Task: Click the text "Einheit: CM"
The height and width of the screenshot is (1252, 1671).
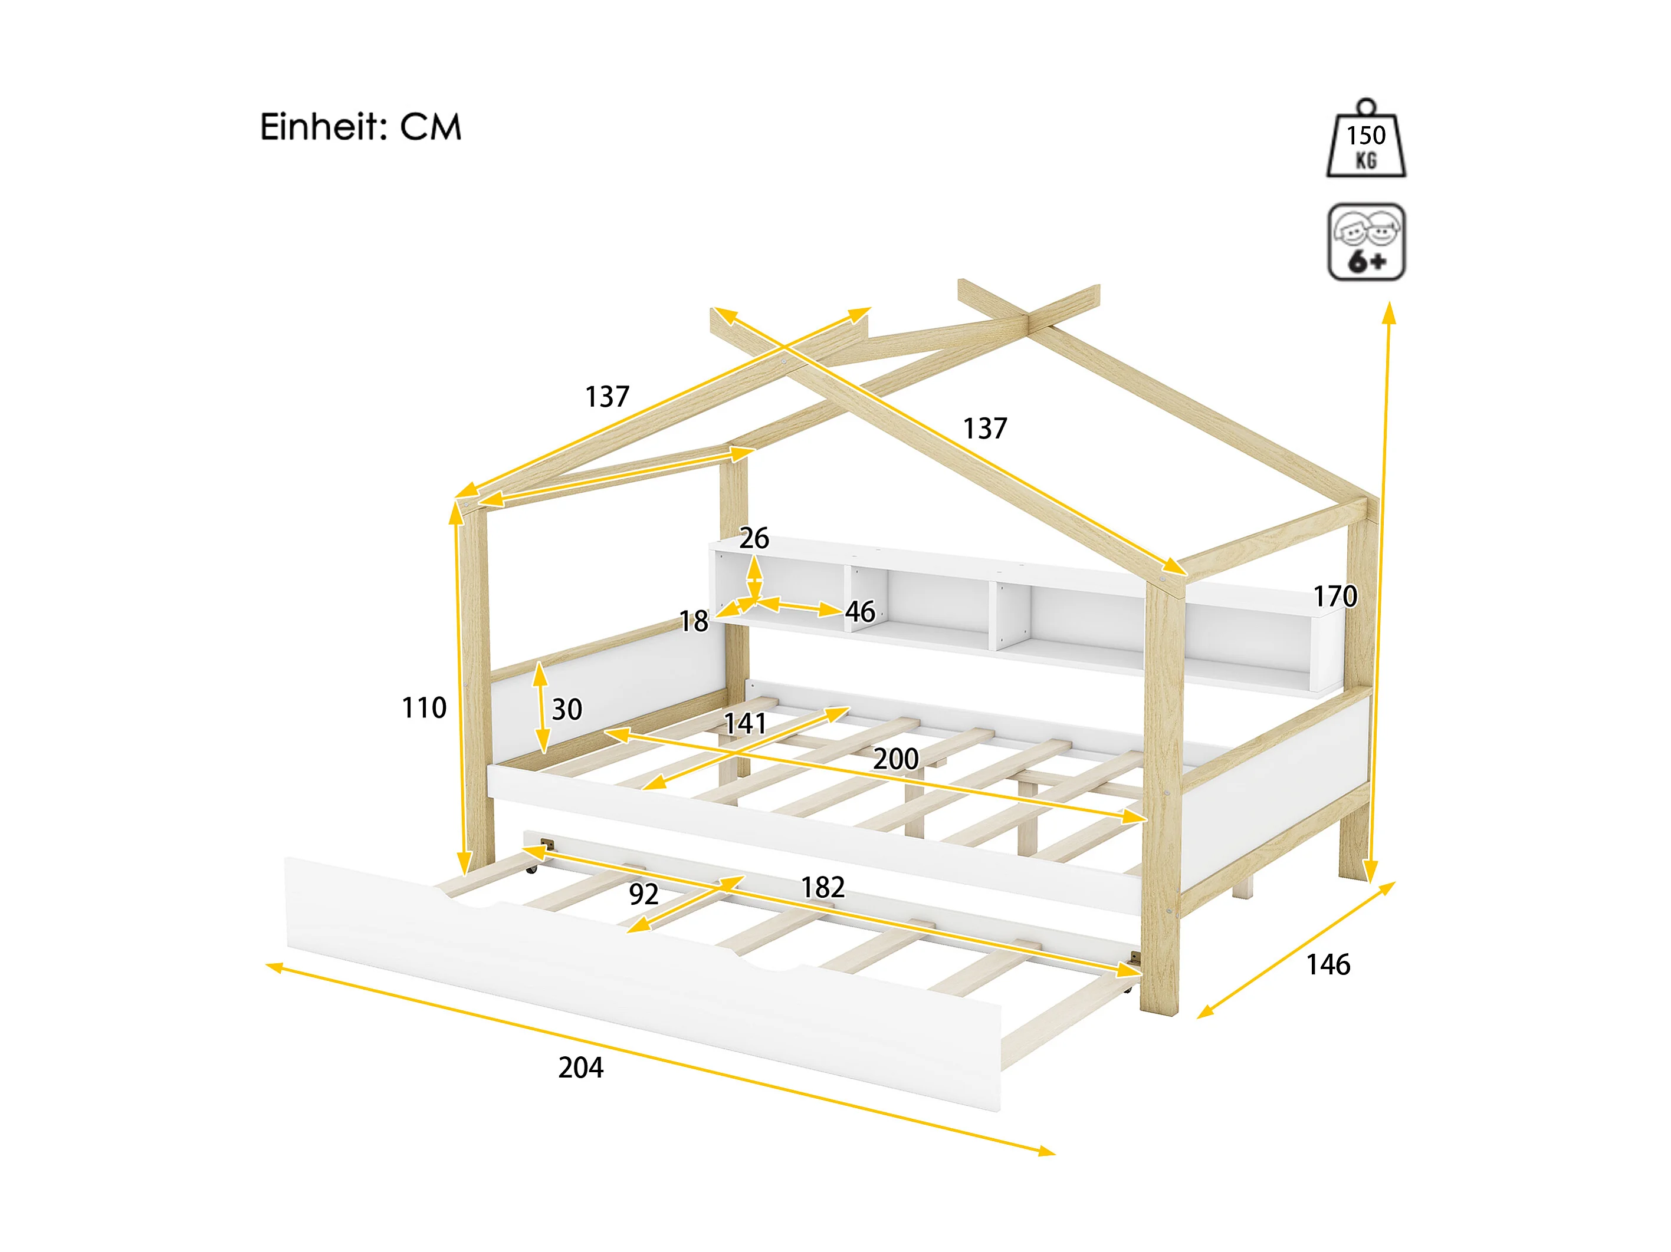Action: (x=360, y=127)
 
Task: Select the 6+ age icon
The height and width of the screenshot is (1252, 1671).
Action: (x=1366, y=242)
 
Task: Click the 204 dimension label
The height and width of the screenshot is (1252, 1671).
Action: (x=580, y=1068)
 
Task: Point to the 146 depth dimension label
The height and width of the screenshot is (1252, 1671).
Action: (x=1328, y=964)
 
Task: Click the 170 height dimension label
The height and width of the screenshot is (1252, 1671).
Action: (x=1335, y=597)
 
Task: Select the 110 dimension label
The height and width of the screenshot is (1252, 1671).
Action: (x=424, y=707)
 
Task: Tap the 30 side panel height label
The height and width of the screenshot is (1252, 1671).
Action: (x=567, y=709)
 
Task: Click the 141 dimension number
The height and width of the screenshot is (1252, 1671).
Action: (x=745, y=723)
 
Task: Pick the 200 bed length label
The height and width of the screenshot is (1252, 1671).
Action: (x=895, y=759)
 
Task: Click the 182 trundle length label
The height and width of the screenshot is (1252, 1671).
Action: (x=823, y=887)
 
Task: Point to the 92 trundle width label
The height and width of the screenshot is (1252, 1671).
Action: (x=644, y=894)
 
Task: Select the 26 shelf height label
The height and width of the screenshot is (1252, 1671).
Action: (x=754, y=538)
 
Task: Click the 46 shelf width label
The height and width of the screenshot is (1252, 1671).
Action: (x=859, y=612)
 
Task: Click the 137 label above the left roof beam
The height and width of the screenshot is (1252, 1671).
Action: (x=606, y=397)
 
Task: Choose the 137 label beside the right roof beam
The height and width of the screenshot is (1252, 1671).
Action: (x=985, y=428)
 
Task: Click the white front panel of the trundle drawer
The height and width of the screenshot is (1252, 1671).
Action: (x=642, y=981)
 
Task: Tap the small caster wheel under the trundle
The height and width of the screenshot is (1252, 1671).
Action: (x=533, y=870)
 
